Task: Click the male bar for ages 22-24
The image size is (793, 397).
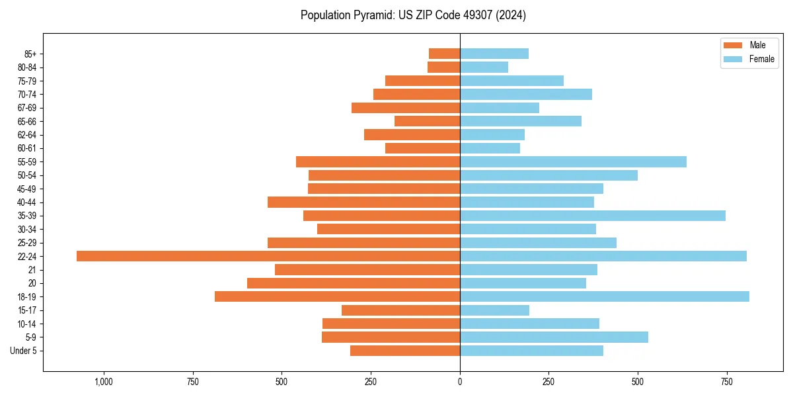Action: pos(268,256)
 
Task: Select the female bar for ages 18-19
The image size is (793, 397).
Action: pos(604,296)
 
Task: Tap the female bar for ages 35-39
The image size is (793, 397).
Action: pos(592,216)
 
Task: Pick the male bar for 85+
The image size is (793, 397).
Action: pos(444,54)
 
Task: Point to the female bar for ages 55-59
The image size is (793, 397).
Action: pos(573,162)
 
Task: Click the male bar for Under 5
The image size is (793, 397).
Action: pos(404,351)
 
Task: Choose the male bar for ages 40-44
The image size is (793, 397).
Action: pos(363,202)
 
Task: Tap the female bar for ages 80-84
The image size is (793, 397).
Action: pos(484,67)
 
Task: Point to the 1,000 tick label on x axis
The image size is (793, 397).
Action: pos(104,382)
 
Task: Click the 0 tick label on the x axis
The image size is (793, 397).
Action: pos(460,382)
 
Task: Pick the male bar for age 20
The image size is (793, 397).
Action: pos(353,283)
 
